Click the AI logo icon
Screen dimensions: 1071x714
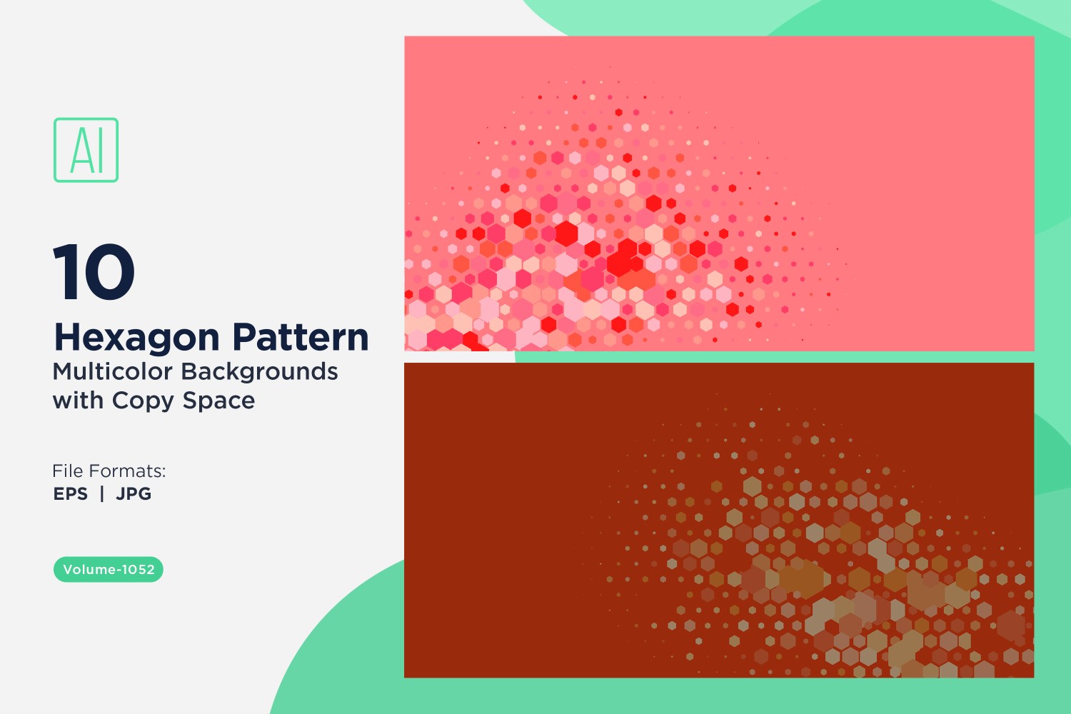tap(86, 150)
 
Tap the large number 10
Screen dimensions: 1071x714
tap(94, 272)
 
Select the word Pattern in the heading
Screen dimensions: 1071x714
tap(301, 337)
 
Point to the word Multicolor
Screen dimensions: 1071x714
tap(112, 371)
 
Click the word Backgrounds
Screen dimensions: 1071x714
tap(260, 372)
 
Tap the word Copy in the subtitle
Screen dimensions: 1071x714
tap(143, 401)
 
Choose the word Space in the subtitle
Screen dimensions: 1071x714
tap(218, 401)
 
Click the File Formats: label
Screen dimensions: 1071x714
tap(109, 471)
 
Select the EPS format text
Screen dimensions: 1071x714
tap(71, 493)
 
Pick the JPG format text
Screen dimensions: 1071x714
tap(134, 493)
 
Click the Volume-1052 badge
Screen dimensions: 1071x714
tap(109, 569)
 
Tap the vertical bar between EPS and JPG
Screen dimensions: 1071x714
tap(102, 493)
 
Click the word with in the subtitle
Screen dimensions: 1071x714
tap(78, 401)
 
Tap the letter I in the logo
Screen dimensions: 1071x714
tap(100, 150)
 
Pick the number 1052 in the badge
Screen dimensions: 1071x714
tap(139, 569)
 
